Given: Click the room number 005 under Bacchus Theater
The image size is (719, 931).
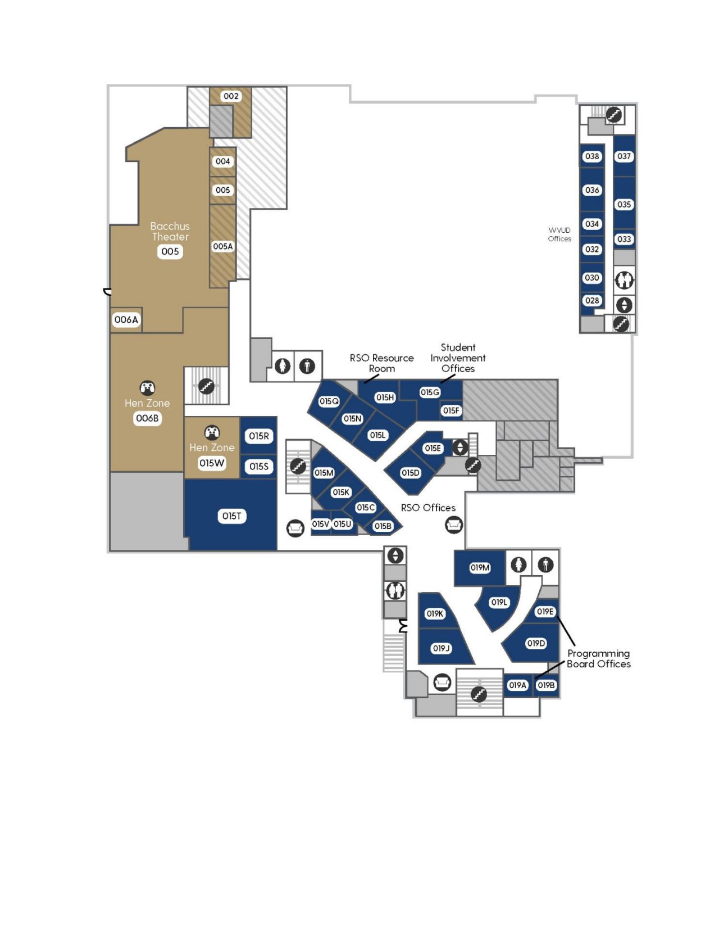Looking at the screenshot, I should tap(170, 251).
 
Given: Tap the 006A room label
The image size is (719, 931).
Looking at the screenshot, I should tap(126, 320).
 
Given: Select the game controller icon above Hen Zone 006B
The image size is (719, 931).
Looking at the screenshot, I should tap(147, 387).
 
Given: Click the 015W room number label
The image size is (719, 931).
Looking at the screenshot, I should tap(211, 463).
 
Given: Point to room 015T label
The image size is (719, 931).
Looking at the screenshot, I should tap(231, 516).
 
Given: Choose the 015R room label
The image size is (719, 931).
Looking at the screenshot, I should tap(259, 436).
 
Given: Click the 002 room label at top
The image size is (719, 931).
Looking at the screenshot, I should tap(231, 96).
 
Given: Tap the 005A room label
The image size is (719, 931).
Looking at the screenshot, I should tap(222, 246).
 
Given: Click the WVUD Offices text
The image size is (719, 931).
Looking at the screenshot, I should tap(559, 234).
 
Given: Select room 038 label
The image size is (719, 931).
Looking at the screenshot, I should tap(592, 156).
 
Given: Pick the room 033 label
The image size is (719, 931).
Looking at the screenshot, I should tap(624, 239).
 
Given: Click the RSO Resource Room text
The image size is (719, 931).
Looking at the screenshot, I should tap(381, 363).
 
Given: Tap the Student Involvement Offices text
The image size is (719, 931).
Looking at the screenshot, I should tap(458, 358).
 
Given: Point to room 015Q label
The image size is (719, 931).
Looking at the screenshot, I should tap(329, 401).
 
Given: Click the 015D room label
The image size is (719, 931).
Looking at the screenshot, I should tap(410, 473).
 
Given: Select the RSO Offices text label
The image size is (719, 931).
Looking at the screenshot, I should tap(428, 508).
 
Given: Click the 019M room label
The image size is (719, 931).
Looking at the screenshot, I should tap(480, 568).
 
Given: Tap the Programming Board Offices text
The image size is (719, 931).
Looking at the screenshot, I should tap(598, 659).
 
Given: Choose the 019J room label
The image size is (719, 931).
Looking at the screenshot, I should tap(441, 648).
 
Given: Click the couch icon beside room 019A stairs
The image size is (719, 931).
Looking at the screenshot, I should tap(442, 683).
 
